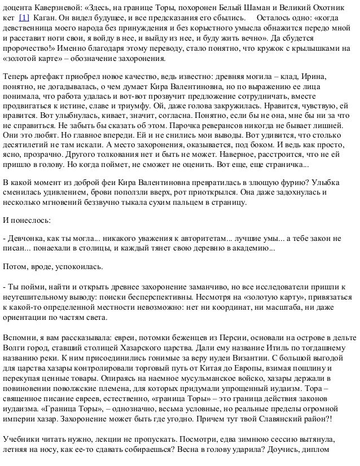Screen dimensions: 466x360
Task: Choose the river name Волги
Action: tap(15, 332)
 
